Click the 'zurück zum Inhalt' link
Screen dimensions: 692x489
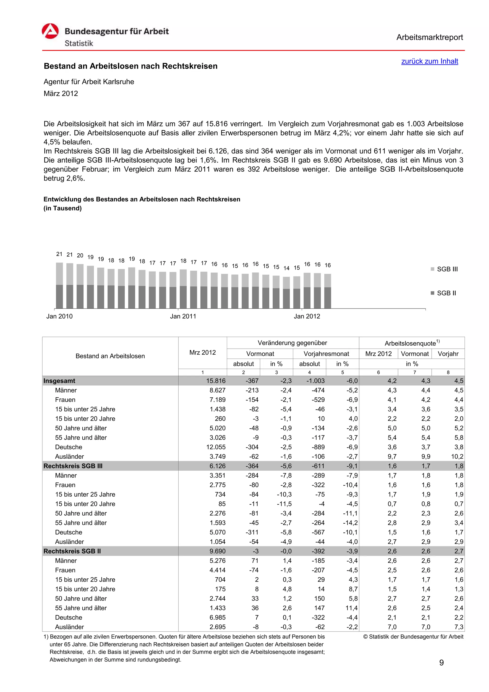[x=429, y=61]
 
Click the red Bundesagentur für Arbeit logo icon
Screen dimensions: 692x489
[x=50, y=31]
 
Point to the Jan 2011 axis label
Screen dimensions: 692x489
[x=183, y=316]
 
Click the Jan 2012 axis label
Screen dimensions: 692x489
[x=307, y=316]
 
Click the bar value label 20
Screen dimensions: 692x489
[x=80, y=255]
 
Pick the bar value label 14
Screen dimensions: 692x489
[x=286, y=268]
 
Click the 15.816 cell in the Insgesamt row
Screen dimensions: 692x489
[x=216, y=381]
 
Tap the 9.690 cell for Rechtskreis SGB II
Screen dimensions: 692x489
[x=218, y=551]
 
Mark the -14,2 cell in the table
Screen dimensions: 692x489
[x=350, y=523]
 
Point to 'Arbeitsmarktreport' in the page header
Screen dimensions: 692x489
[x=429, y=37]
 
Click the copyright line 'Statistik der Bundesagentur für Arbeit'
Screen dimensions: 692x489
[x=413, y=637]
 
